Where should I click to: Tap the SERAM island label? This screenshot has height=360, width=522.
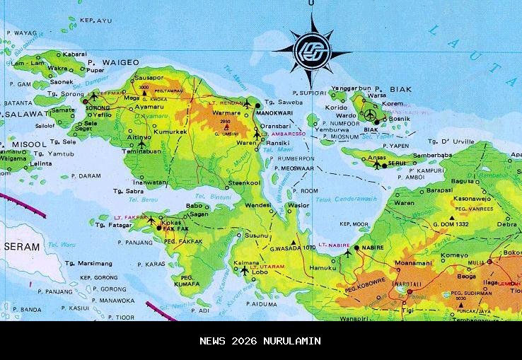[21, 246]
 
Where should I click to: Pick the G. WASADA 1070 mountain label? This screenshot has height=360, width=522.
[292, 248]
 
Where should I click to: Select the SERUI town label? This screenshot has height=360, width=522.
[396, 163]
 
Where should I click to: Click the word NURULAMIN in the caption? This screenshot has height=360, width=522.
[293, 341]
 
